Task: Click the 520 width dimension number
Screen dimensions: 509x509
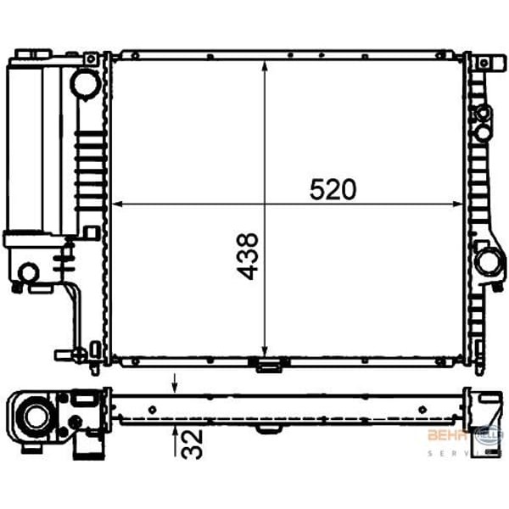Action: [333, 190]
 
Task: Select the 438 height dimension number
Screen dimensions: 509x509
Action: [248, 257]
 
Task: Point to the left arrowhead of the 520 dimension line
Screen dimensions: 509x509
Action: [118, 204]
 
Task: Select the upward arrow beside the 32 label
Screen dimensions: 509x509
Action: [175, 433]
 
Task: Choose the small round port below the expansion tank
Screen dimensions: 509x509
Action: [28, 272]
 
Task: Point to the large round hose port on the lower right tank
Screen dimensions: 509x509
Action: [488, 261]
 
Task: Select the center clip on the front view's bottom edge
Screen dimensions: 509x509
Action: [268, 366]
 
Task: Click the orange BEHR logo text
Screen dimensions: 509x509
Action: [443, 435]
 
